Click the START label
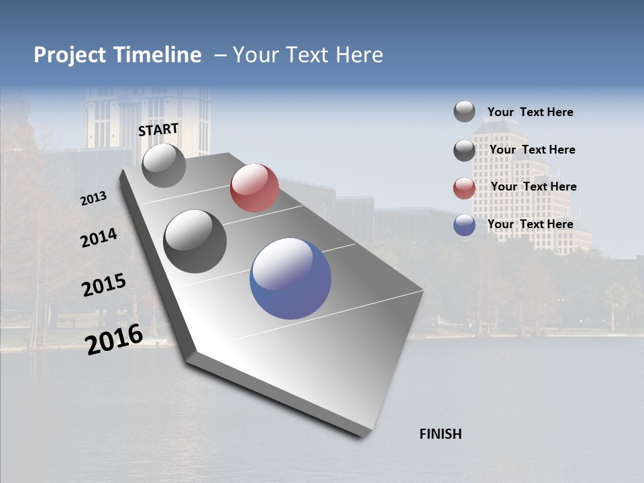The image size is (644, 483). coord(158,129)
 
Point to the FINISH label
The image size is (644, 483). coord(440,434)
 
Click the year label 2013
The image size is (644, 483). coord(93,199)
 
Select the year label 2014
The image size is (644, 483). coord(99,238)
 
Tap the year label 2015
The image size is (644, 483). coord(103,285)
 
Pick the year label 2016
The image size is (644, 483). coord(114,339)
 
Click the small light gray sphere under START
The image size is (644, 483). coord(164,166)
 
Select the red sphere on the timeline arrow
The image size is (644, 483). coord(254,188)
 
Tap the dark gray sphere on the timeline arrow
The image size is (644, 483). coord(195,241)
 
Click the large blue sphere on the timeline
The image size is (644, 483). coord(290,278)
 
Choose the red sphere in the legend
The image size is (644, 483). coord(464,188)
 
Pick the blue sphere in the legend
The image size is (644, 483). coord(464,225)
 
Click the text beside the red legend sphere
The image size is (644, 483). coord(533,186)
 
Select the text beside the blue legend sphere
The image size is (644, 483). coord(530,224)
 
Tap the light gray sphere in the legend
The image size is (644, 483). coord(464,111)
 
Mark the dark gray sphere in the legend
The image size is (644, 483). coord(464,150)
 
